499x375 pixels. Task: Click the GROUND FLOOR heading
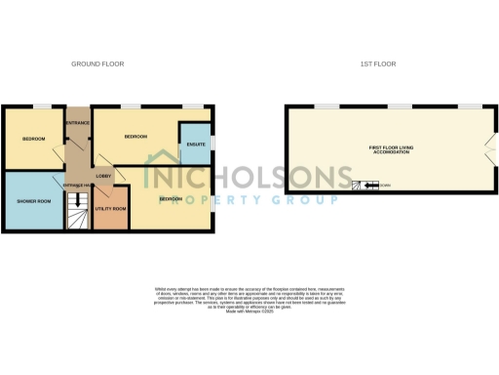point(97,64)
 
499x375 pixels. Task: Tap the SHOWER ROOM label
point(34,201)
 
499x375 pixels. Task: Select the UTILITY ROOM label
point(111,209)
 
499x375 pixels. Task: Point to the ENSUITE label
point(196,146)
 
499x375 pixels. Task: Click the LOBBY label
point(103,176)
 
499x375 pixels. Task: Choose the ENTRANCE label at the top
point(77,122)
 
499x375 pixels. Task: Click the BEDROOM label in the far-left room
point(34,139)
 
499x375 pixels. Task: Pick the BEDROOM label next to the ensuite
point(135,138)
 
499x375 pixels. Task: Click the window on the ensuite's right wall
point(211,146)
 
